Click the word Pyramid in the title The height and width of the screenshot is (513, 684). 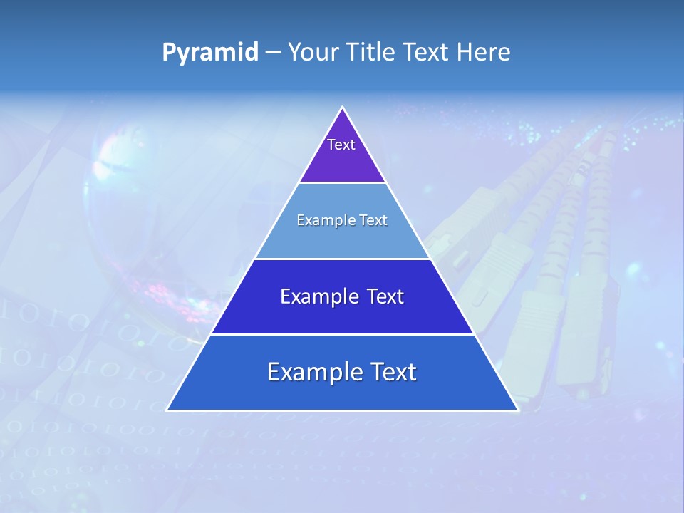pos(210,53)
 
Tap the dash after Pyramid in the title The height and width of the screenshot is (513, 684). pos(273,53)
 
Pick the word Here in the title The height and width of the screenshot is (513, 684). pos(484,53)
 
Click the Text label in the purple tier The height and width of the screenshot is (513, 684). pos(341,145)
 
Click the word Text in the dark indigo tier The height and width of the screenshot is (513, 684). pos(385,296)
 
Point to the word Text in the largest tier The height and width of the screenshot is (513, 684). pos(393,372)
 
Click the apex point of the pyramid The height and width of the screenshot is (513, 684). pos(343,108)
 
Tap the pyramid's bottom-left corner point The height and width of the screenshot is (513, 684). pos(167,410)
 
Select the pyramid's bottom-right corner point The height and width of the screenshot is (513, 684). pos(517,410)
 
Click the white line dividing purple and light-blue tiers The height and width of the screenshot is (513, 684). pos(343,183)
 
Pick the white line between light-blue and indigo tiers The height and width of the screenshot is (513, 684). pos(343,259)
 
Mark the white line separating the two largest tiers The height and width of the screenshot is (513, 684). pos(343,334)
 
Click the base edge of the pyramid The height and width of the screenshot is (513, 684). pos(343,410)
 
